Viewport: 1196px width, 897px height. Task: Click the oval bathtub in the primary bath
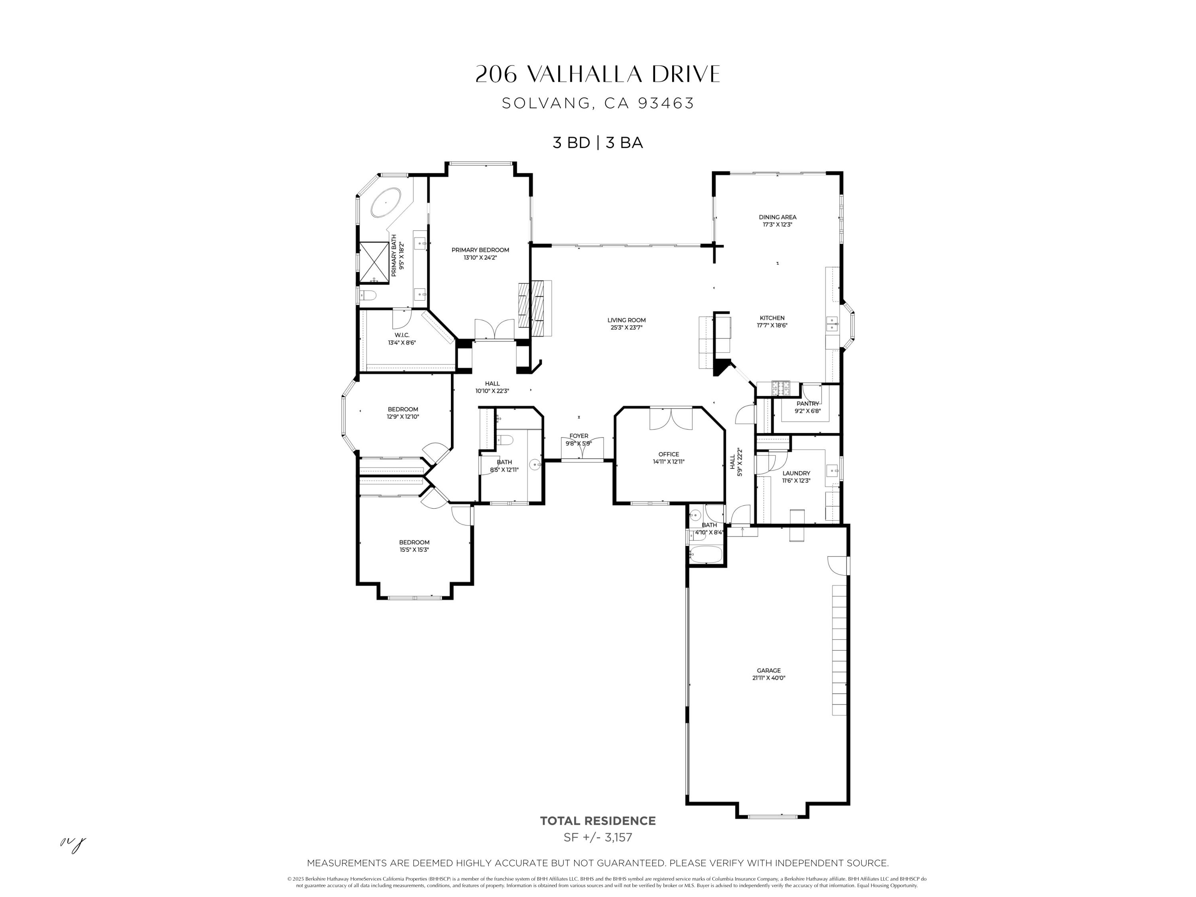(386, 203)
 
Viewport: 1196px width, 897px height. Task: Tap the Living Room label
(626, 320)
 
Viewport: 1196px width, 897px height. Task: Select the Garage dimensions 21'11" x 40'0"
(768, 677)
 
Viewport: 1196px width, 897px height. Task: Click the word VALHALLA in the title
(584, 75)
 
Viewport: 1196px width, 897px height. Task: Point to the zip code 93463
(666, 103)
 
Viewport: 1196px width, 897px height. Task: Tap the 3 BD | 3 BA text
(598, 143)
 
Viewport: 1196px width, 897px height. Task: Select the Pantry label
(807, 404)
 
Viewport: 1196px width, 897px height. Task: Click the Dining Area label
(777, 217)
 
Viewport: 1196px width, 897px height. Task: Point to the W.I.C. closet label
(402, 335)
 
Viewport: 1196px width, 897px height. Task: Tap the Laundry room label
(796, 473)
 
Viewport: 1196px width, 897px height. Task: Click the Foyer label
(578, 436)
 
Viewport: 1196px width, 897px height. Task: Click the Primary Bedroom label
(480, 250)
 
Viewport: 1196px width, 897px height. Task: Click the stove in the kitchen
(781, 387)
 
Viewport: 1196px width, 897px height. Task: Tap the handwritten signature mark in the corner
(73, 844)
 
